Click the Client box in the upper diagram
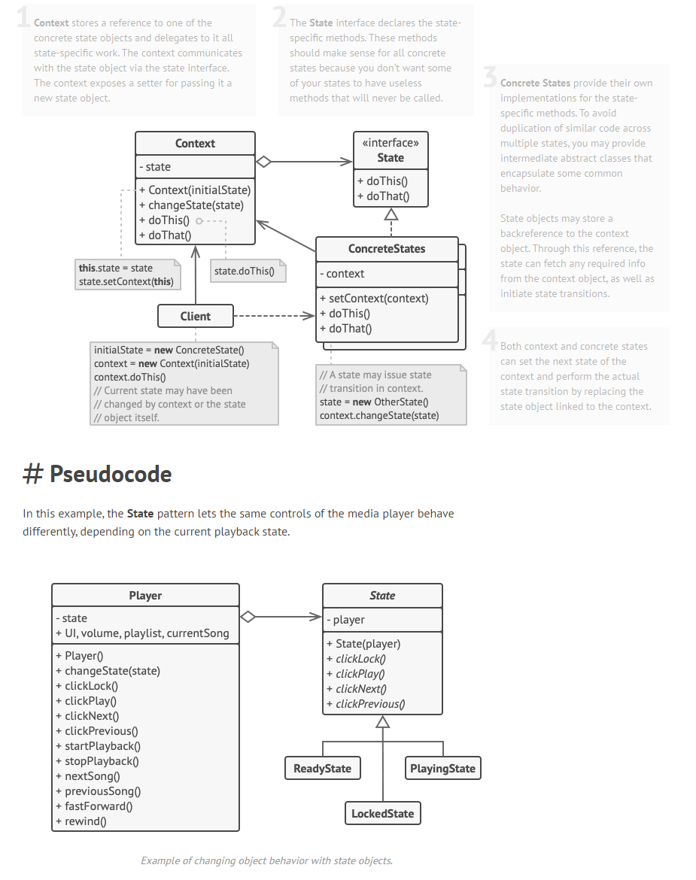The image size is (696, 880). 196,316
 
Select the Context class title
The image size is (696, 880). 195,144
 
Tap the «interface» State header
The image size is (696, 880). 391,150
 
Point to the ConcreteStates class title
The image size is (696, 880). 387,249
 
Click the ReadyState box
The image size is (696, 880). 322,768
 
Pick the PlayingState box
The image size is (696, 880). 442,768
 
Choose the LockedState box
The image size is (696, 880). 382,813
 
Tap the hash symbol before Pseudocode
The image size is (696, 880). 32,474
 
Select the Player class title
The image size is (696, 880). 145,595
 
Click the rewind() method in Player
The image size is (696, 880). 85,821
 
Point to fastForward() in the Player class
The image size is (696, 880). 98,806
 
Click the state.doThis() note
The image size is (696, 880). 244,271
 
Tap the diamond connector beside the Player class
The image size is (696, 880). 248,617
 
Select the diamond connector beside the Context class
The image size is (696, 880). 263,161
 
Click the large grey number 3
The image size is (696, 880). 490,77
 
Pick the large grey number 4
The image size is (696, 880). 490,340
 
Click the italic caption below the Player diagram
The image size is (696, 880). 266,860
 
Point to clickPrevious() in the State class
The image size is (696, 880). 370,704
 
